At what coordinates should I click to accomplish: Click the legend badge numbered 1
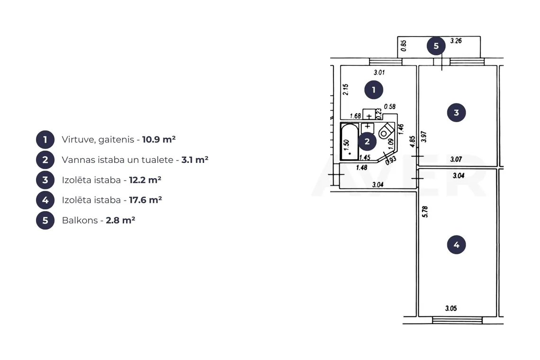click(x=45, y=140)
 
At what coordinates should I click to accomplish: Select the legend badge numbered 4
click(x=45, y=200)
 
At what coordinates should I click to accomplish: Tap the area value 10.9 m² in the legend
click(x=159, y=139)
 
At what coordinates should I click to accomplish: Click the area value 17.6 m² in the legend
click(x=145, y=200)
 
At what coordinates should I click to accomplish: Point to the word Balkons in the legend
click(x=80, y=220)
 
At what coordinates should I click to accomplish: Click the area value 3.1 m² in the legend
click(x=195, y=160)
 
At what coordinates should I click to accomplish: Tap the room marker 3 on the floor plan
click(x=456, y=113)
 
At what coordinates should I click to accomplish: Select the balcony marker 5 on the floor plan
click(x=436, y=46)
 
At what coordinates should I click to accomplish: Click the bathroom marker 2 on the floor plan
click(x=367, y=141)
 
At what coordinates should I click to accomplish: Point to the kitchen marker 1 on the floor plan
click(x=374, y=90)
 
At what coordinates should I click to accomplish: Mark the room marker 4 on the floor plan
click(x=456, y=245)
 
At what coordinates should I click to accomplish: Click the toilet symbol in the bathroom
click(x=386, y=131)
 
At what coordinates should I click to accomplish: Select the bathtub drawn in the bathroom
click(x=350, y=141)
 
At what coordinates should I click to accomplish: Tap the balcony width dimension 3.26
click(x=456, y=41)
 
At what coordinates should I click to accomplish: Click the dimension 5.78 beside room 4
click(x=424, y=212)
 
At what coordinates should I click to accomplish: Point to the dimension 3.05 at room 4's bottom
click(x=451, y=308)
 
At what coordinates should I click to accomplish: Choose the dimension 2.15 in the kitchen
click(x=346, y=89)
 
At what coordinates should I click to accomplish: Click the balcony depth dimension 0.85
click(x=403, y=45)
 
